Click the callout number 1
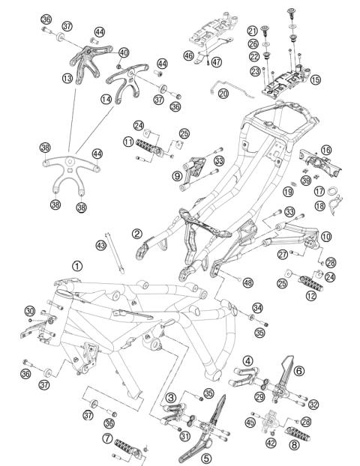pos(77,266)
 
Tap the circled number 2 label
pos(136,234)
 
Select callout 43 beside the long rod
pos(101,246)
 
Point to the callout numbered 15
pos(315,79)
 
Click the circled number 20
pos(223,94)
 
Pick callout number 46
pos(189,55)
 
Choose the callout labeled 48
pos(247,282)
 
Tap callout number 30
pos(30,311)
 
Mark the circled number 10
pos(326,237)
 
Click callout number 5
pos(206,458)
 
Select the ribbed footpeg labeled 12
pos(311,283)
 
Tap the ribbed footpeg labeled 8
pos(298,435)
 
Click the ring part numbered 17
pos(332,191)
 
